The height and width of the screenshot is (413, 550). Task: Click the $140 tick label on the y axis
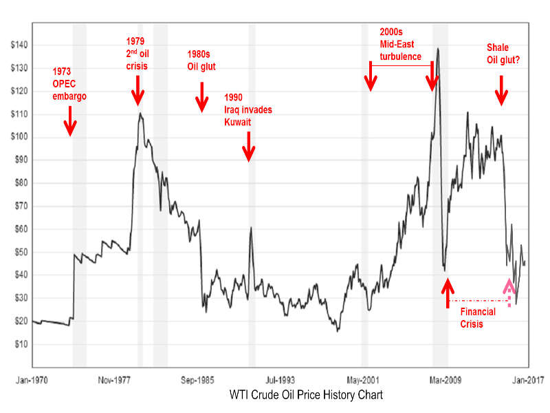[19, 45]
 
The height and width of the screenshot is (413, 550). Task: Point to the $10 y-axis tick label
[19, 343]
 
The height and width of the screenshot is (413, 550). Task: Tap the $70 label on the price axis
[19, 206]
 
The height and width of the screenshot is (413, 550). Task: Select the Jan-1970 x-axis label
[32, 378]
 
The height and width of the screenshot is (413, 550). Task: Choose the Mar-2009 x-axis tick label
[446, 378]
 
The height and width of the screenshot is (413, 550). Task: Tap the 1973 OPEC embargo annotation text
[69, 84]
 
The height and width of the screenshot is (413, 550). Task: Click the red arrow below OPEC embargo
[69, 125]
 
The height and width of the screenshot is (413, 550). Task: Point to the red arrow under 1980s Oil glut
[201, 97]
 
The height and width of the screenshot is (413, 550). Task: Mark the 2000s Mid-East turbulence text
[405, 44]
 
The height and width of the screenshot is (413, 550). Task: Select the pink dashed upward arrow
[509, 291]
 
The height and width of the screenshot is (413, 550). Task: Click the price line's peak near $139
[438, 49]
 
